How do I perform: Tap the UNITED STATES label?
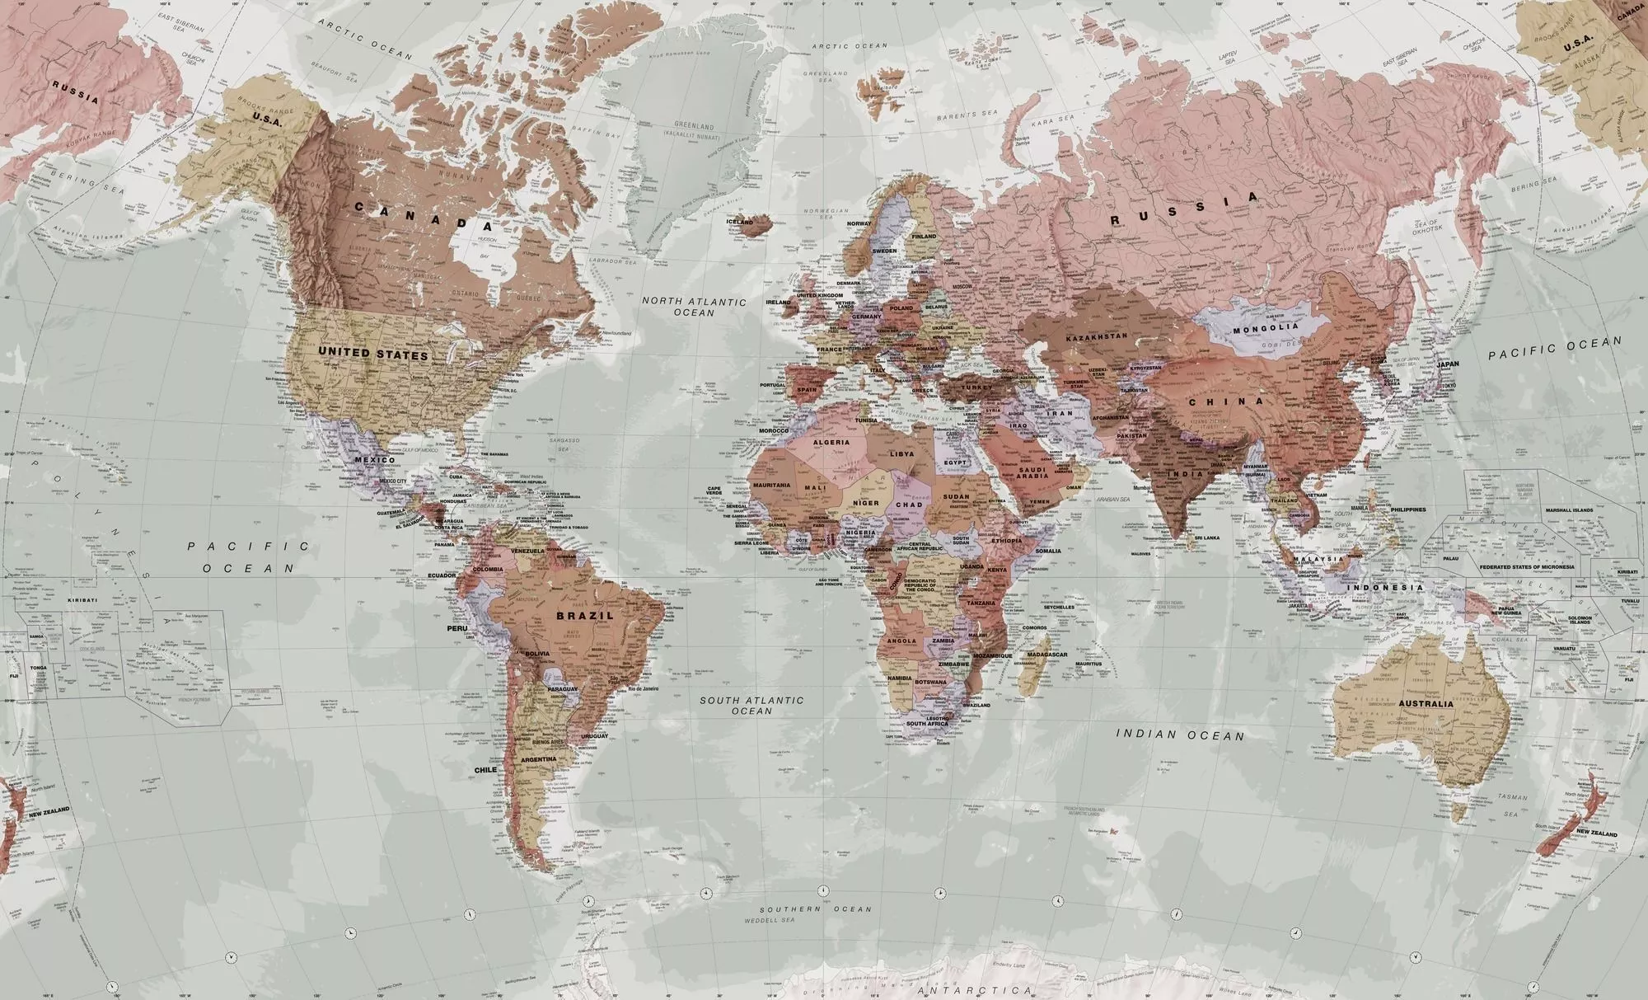[x=373, y=354]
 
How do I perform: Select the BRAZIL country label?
[x=585, y=615]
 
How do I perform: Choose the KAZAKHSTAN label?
[x=1096, y=338]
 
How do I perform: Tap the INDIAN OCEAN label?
[x=1180, y=734]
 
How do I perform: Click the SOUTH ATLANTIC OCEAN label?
[x=751, y=705]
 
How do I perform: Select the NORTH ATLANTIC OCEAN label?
[x=694, y=307]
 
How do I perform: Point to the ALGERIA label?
[x=831, y=443]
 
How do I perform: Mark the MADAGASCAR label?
[x=1046, y=655]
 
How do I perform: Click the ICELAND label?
[x=739, y=222]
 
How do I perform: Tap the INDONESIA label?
[x=1385, y=588]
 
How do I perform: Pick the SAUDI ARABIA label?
[x=1032, y=472]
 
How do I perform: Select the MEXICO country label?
[x=375, y=459]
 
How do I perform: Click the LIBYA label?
[x=902, y=453]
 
